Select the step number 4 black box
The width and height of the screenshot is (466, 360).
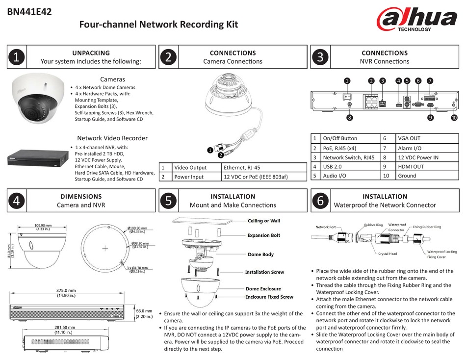pyautogui.click(x=16, y=201)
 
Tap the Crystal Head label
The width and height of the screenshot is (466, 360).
pyautogui.click(x=388, y=254)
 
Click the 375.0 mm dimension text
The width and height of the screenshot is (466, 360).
pyautogui.click(x=66, y=290)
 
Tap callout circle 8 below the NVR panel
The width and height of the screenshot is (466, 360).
pyautogui.click(x=349, y=118)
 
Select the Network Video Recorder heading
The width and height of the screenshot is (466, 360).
pyautogui.click(x=112, y=138)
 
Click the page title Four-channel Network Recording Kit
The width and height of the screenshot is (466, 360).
pyautogui.click(x=158, y=25)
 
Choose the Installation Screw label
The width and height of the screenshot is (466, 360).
pyautogui.click(x=264, y=272)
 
